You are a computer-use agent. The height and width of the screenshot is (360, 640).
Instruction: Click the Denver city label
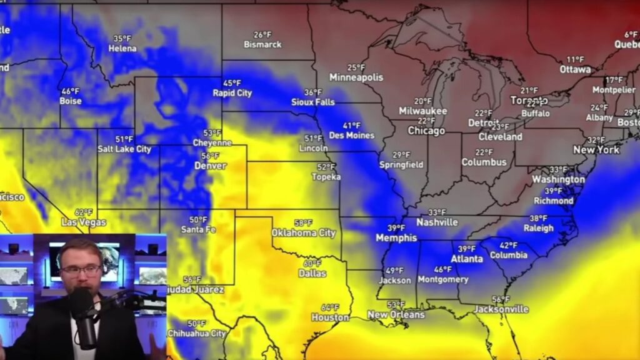[211, 166]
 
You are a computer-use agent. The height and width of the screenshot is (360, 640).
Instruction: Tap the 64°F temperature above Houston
[330, 307]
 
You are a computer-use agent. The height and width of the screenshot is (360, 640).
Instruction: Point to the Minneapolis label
[356, 77]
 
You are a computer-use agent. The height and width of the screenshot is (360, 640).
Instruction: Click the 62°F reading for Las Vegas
[84, 212]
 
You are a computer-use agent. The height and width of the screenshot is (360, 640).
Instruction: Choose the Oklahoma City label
[303, 233]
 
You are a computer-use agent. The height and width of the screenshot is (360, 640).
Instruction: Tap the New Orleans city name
[396, 314]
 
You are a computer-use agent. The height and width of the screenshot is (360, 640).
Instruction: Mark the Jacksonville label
[501, 309]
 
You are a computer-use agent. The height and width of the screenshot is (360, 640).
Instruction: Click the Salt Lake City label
[124, 149]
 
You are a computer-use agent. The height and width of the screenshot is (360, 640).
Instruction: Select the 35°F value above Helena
[122, 39]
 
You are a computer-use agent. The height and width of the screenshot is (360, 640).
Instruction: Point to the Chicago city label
[426, 131]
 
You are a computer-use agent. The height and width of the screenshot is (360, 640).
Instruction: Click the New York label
[596, 150]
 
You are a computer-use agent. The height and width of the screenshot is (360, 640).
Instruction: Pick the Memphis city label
[396, 238]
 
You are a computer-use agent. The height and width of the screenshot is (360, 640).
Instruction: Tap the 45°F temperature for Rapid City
[232, 83]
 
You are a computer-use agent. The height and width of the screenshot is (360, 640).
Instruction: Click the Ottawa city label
[575, 69]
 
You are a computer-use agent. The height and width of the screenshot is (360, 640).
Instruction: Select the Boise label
[71, 101]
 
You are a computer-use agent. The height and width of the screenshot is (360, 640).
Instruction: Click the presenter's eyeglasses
[82, 271]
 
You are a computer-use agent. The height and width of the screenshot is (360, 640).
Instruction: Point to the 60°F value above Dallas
[312, 264]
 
